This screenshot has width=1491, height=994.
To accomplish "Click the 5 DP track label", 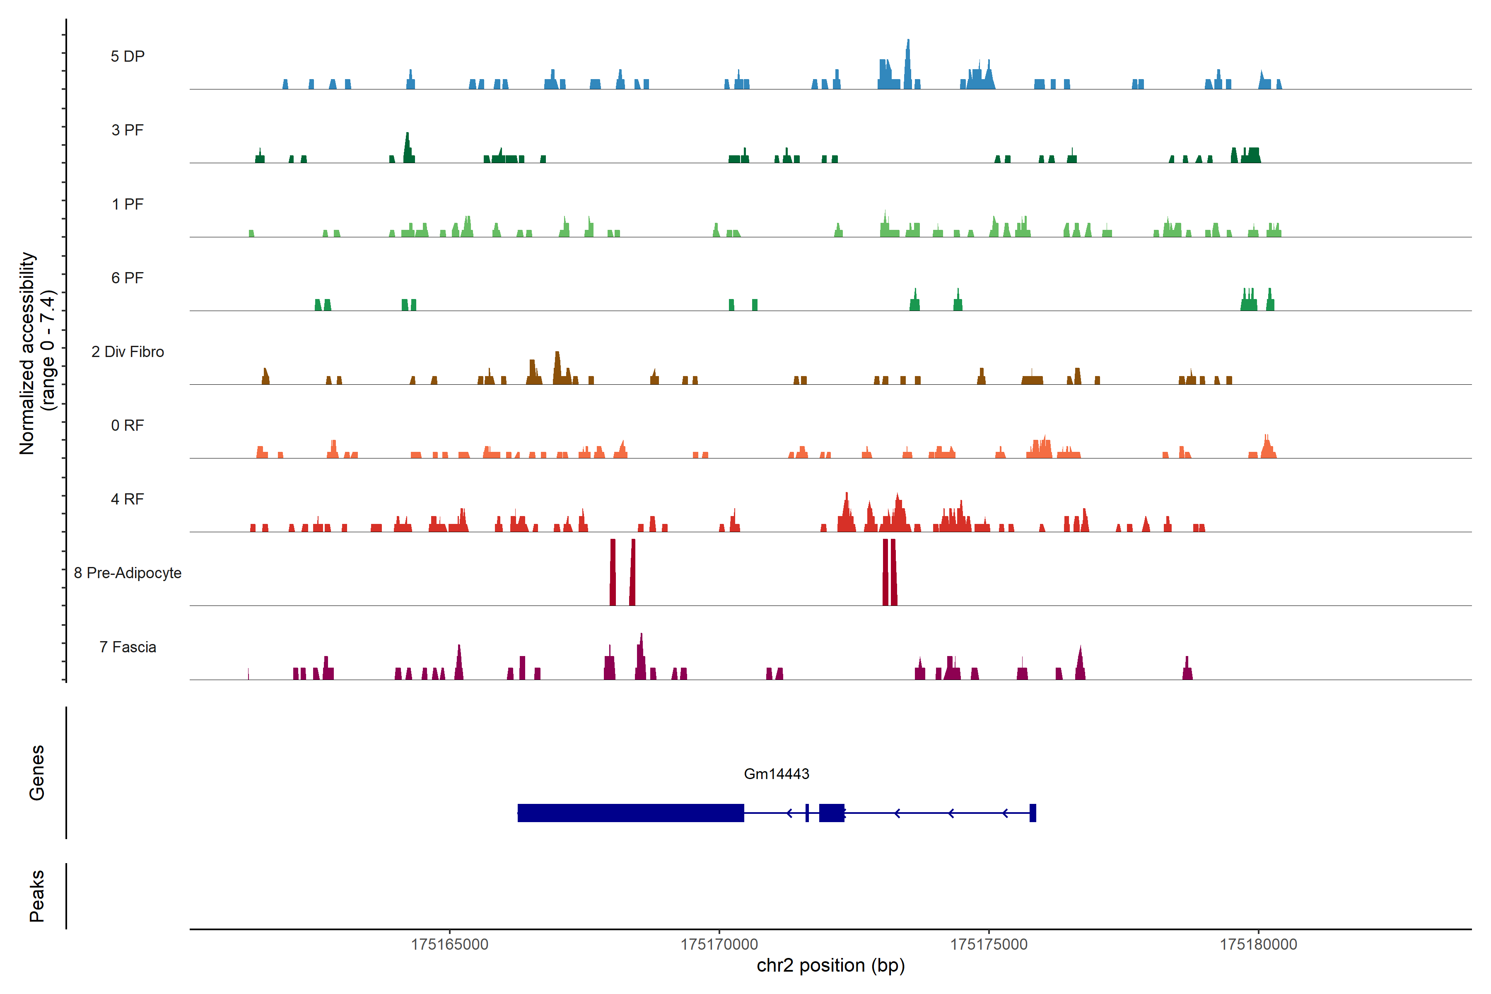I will click(x=128, y=56).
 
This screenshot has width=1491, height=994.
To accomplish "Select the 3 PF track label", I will click(x=128, y=130).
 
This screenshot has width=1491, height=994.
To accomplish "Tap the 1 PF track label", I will click(x=128, y=204).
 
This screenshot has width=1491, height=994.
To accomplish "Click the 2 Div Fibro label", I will click(x=128, y=352).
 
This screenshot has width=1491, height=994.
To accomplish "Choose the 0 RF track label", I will click(x=128, y=425).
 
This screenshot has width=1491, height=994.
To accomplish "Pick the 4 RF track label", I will click(x=128, y=499).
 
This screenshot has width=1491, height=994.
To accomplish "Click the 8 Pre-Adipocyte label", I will click(x=128, y=573).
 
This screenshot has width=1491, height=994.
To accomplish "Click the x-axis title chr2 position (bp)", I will click(x=830, y=965).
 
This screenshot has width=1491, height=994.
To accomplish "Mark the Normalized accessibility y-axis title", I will click(x=37, y=353).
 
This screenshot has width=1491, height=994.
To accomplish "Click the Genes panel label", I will click(x=37, y=773).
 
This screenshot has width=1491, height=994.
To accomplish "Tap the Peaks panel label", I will click(x=37, y=896).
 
